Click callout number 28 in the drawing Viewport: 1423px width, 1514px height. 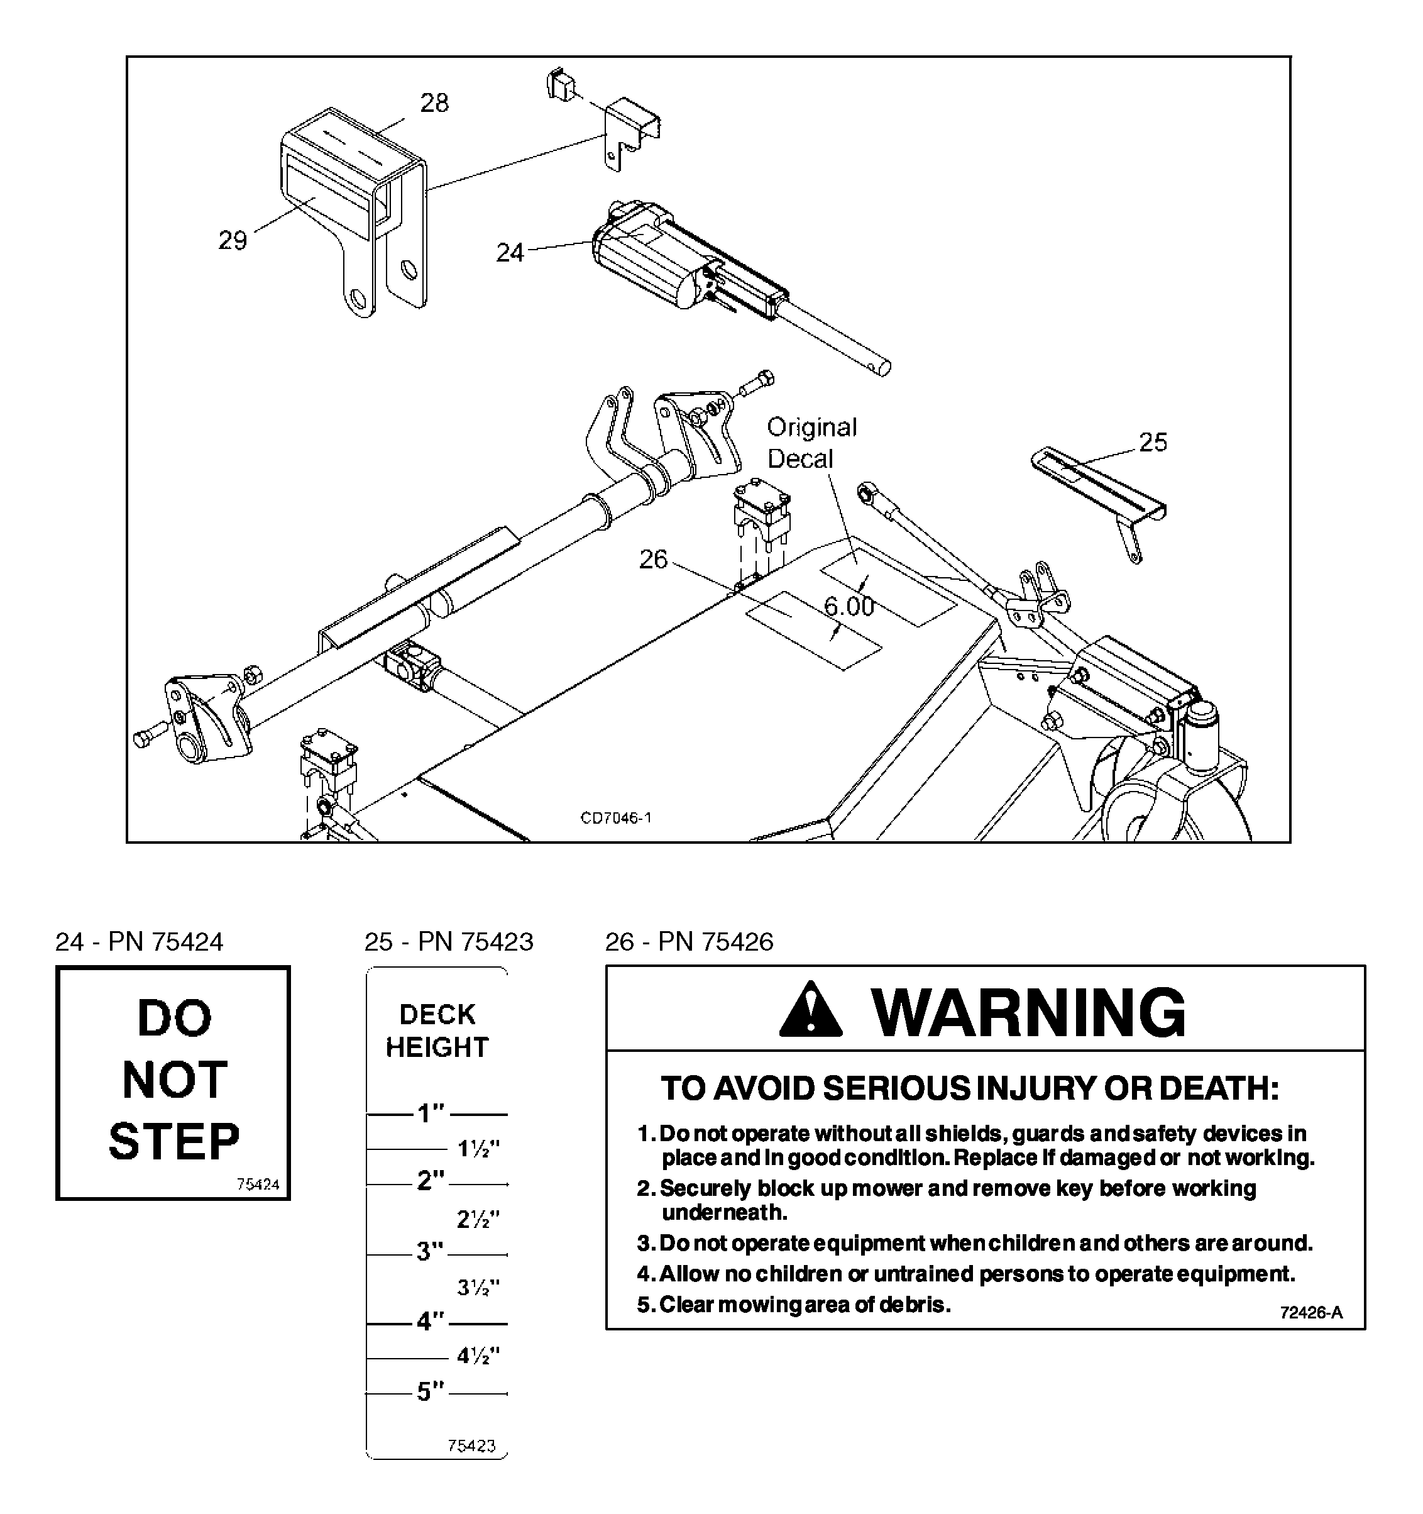(435, 103)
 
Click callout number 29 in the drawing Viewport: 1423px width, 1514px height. (233, 241)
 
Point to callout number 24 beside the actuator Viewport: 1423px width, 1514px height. (510, 252)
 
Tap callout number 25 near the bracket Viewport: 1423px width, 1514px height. (1153, 442)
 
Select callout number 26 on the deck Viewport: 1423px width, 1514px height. (653, 560)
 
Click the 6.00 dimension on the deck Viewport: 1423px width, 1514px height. (849, 606)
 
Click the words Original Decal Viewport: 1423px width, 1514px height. (811, 443)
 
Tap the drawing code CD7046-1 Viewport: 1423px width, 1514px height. (616, 818)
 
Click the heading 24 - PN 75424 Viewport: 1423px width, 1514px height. (140, 942)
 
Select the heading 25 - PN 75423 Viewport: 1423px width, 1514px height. (448, 942)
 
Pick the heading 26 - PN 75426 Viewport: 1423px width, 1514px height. (689, 942)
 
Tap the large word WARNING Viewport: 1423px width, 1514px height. (1029, 1013)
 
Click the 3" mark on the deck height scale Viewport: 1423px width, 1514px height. (429, 1251)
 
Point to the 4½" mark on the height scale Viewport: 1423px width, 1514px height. (478, 1356)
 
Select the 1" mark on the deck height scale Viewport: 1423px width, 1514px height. (430, 1114)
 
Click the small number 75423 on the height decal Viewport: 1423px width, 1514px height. (471, 1445)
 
